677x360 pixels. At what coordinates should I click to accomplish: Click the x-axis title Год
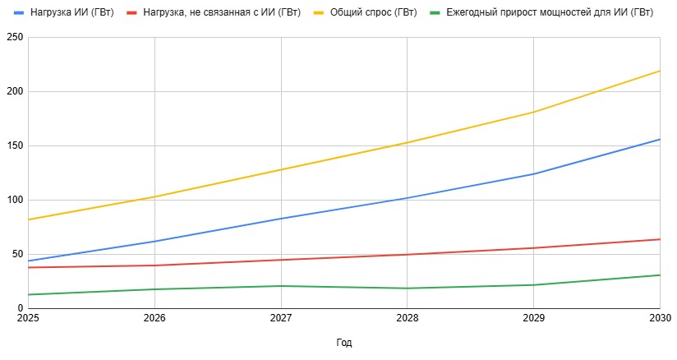coord(344,343)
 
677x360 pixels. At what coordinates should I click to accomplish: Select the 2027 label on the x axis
coord(281,317)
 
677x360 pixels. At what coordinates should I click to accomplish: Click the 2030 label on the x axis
coord(660,317)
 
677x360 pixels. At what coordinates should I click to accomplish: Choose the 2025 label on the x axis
coord(28,317)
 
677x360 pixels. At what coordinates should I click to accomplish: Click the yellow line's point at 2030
coord(660,71)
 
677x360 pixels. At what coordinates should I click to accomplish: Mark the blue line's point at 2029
coord(534,173)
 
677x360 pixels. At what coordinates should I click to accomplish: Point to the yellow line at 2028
coord(408,142)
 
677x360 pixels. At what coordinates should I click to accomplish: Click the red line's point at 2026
coord(154,265)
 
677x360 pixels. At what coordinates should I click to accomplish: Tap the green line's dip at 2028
coord(408,288)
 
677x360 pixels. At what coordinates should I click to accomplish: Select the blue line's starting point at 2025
coord(28,261)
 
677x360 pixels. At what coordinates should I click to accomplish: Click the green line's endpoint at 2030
coord(660,275)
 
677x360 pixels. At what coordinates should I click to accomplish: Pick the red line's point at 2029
coord(534,248)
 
